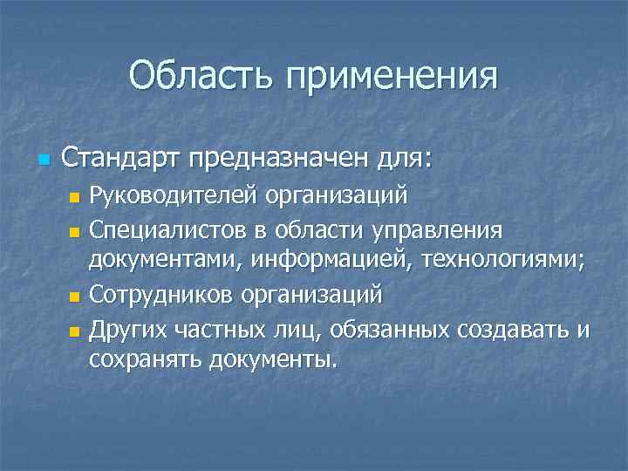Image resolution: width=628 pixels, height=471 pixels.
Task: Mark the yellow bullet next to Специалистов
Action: coord(74,231)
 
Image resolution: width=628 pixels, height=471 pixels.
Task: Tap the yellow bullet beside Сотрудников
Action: coord(74,297)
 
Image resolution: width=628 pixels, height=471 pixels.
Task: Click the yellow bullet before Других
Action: coord(74,331)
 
